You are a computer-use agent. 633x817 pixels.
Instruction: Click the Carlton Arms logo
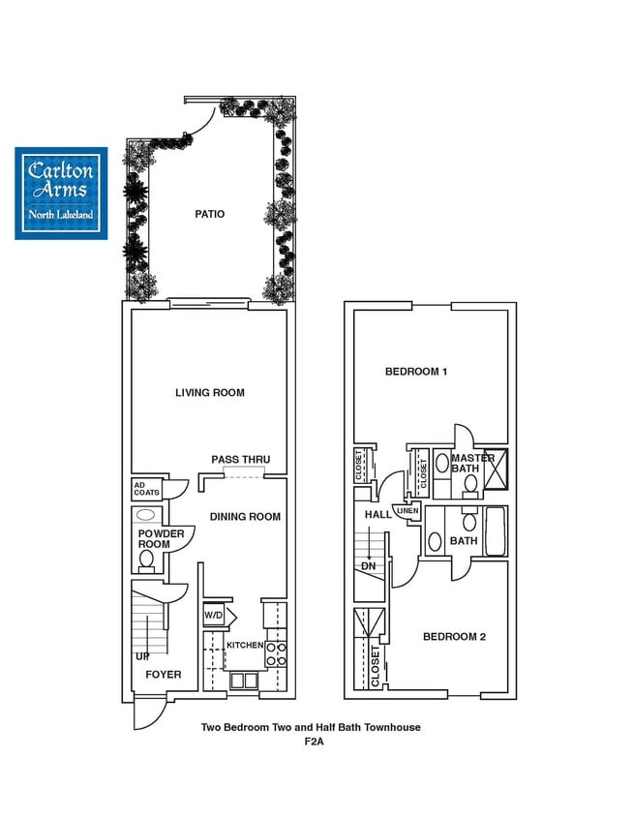point(61,193)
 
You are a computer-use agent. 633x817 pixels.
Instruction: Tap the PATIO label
point(209,214)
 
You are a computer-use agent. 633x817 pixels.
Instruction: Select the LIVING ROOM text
point(209,393)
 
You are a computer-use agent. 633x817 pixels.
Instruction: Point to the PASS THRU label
point(240,460)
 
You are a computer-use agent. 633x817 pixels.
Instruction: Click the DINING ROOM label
point(245,517)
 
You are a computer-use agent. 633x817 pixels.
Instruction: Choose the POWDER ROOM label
point(154,539)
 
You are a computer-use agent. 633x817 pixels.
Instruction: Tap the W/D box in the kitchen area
point(213,615)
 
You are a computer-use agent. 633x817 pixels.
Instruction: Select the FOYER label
point(163,675)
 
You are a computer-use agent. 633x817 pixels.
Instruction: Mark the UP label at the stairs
point(142,656)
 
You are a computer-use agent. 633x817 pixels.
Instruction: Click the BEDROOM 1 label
point(415,372)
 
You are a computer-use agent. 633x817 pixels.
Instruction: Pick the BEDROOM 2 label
point(454,637)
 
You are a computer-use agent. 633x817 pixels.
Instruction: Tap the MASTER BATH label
point(472,464)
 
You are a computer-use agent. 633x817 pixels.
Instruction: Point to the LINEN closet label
point(407,510)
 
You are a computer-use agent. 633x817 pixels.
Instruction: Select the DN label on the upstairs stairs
point(368,565)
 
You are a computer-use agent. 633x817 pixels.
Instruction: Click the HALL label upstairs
point(377,514)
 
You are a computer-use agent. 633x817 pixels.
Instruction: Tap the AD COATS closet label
point(146,489)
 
